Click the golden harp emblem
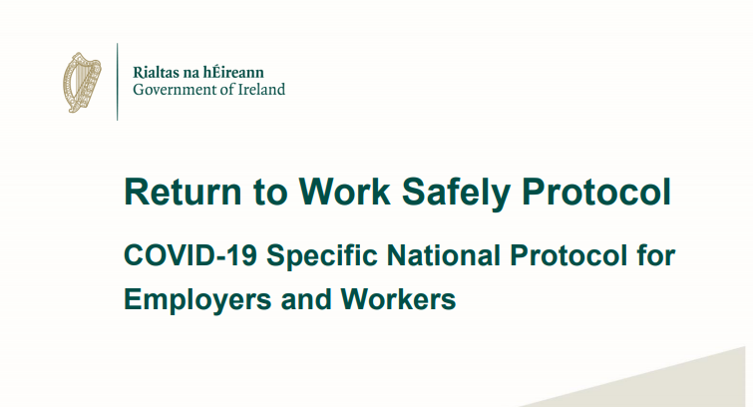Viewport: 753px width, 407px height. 82,82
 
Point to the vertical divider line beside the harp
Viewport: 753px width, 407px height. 117,82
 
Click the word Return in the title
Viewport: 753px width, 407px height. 183,192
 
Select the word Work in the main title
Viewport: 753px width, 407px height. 344,192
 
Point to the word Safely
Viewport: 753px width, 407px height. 456,194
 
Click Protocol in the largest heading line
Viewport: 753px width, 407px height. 596,192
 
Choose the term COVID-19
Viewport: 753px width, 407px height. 190,255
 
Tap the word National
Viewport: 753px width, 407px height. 444,255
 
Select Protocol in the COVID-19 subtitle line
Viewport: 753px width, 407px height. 568,255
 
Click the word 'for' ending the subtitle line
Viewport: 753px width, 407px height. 656,255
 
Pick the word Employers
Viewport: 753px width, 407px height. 197,301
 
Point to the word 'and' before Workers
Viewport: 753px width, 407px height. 306,299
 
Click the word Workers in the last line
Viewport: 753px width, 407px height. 398,299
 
